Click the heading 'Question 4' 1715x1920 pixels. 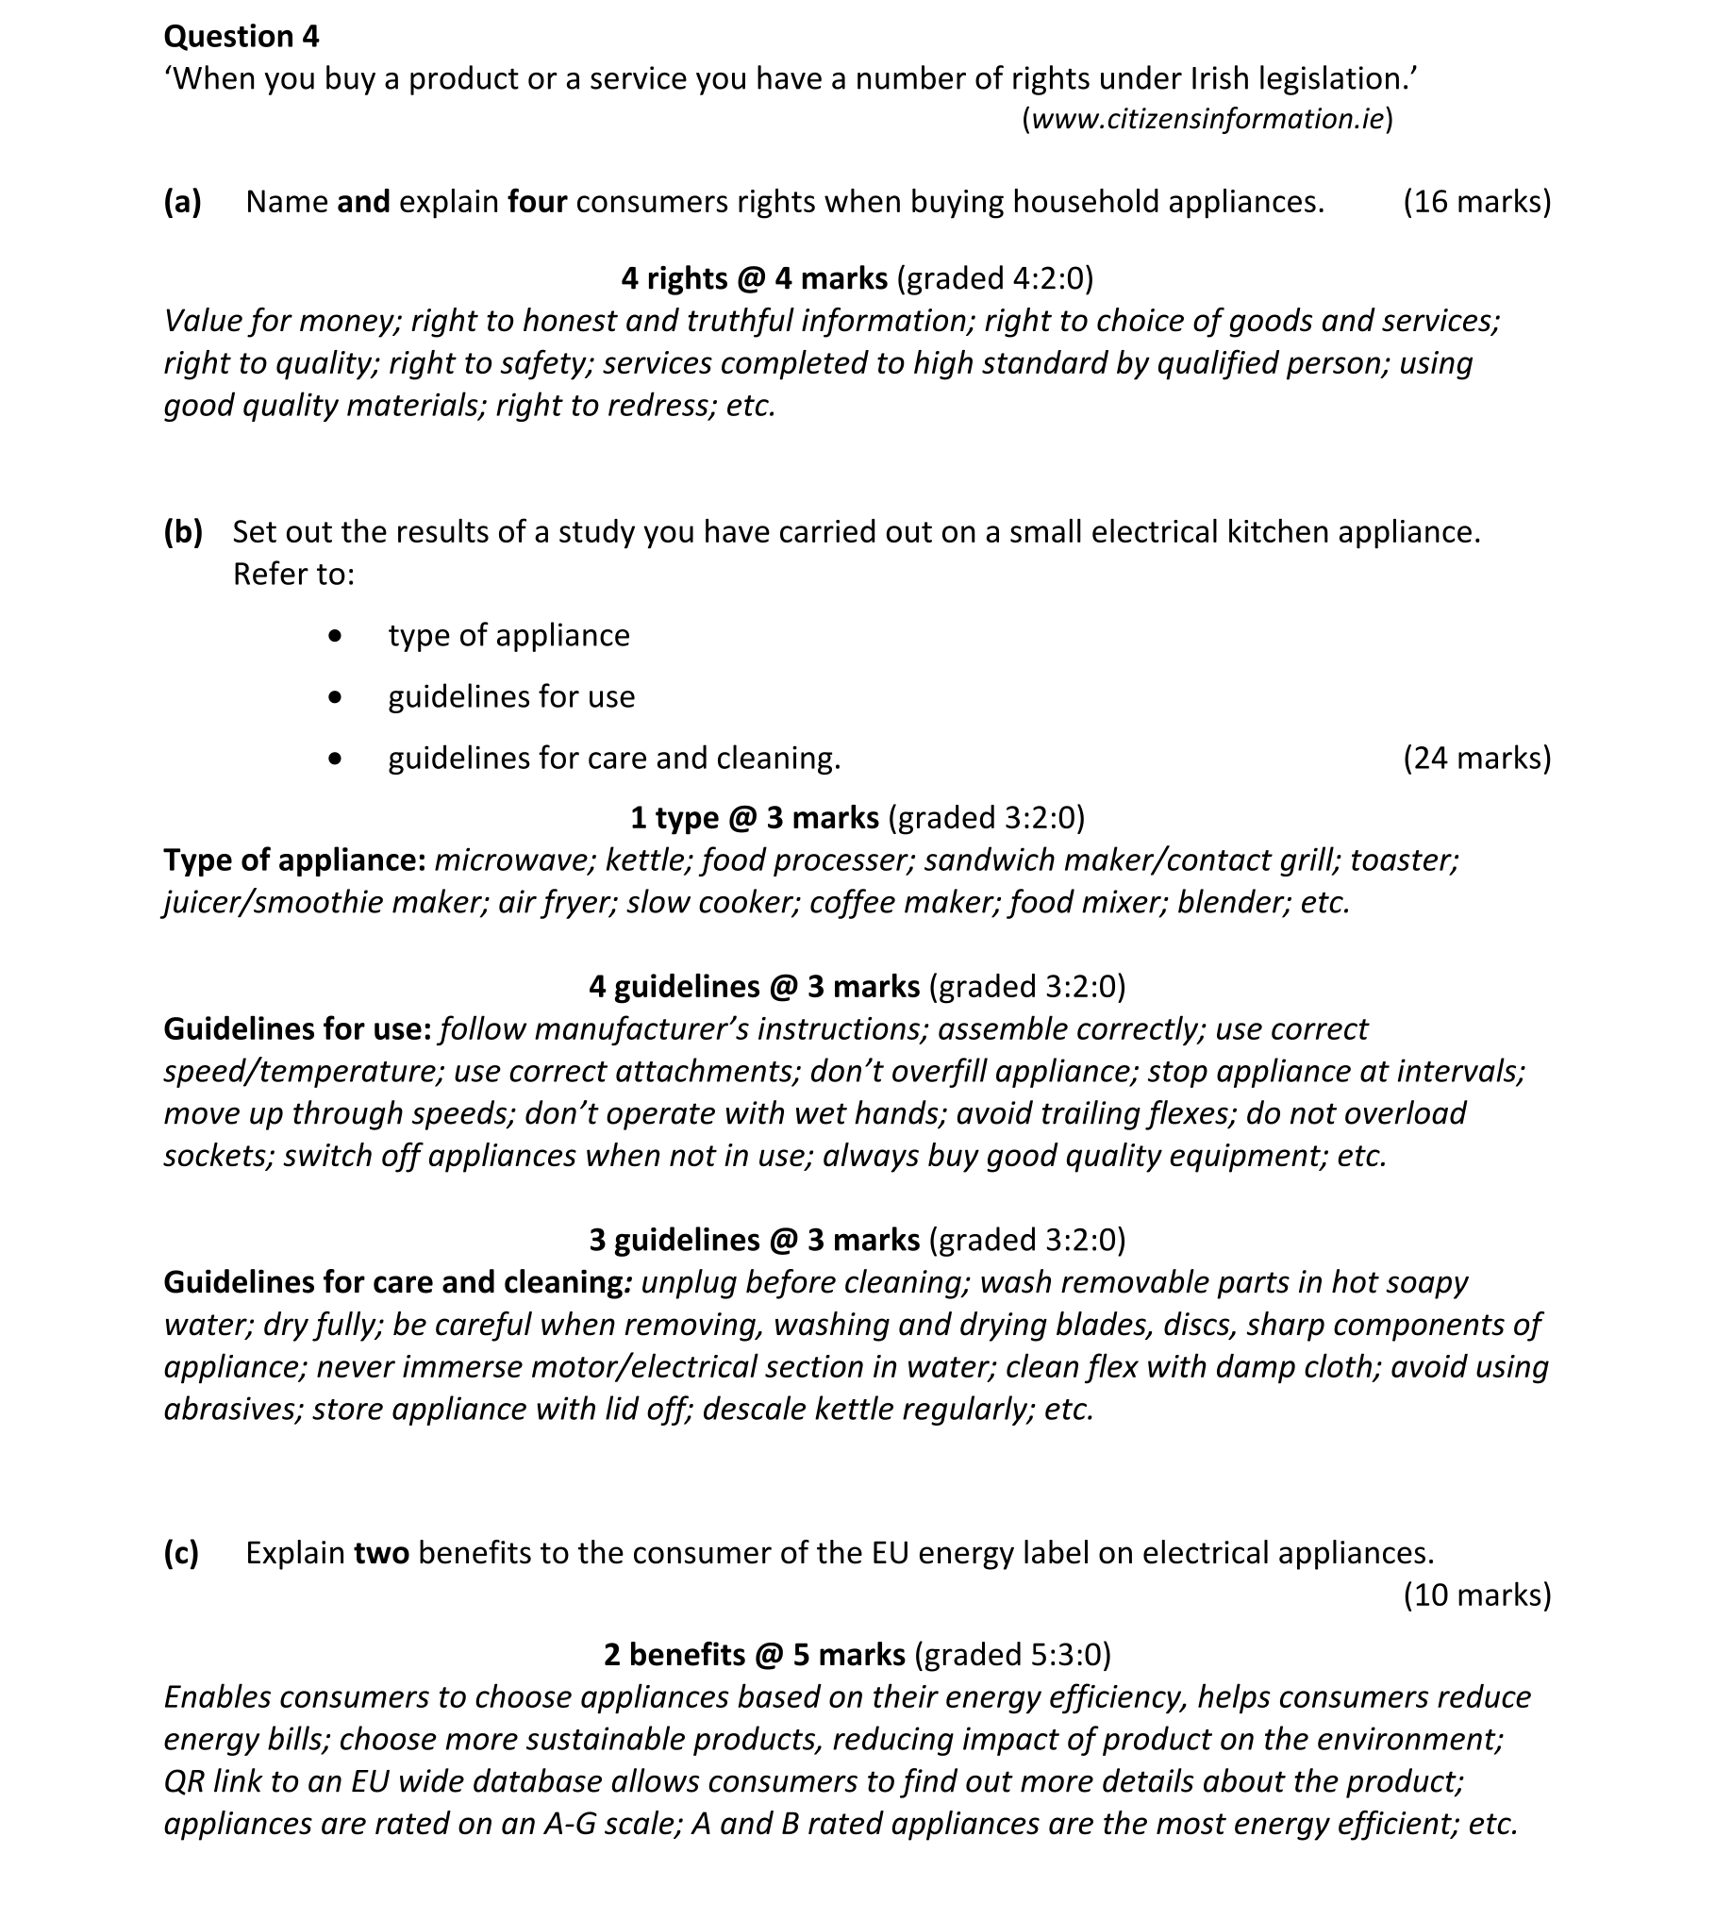(241, 36)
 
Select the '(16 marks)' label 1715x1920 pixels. (1476, 202)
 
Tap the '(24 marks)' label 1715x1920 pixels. (1476, 758)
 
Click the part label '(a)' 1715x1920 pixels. (183, 202)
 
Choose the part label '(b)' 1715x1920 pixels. (183, 532)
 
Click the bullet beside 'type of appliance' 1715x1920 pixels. (334, 637)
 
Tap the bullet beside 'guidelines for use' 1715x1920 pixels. (334, 698)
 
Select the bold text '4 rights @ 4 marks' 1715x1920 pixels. (754, 278)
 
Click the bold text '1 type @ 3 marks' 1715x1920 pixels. (754, 817)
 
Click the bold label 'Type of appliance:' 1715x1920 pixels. (294, 860)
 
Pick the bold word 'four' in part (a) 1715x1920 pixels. (537, 202)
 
